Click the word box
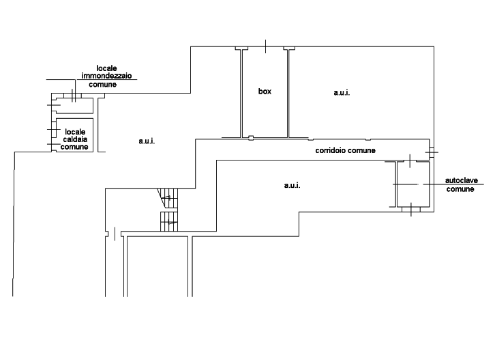[x=265, y=92]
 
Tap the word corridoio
[x=330, y=150]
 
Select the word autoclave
[x=461, y=180]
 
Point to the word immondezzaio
[x=106, y=76]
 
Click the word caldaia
[x=75, y=139]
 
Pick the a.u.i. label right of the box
[x=342, y=93]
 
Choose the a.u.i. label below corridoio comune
[x=292, y=185]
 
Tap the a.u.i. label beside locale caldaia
[x=147, y=141]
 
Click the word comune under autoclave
[x=460, y=189]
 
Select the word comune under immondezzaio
[x=102, y=85]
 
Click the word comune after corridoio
[x=361, y=150]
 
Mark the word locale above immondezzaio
[x=106, y=68]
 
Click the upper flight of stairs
[x=168, y=198]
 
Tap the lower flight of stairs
[x=169, y=221]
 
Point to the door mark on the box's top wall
[x=265, y=46]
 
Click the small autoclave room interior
[x=413, y=184]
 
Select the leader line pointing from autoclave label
[x=453, y=184]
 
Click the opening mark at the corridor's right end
[x=432, y=152]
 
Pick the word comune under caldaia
[x=74, y=147]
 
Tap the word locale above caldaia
[x=75, y=132]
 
